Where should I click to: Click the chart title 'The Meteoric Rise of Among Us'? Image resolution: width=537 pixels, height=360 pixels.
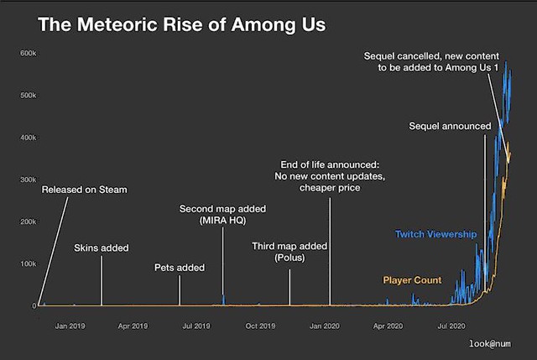[181, 25]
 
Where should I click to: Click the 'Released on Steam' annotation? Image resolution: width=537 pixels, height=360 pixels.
[85, 190]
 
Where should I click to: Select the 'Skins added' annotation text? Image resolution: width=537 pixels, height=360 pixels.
[102, 248]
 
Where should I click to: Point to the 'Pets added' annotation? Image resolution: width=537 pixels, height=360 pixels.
[180, 268]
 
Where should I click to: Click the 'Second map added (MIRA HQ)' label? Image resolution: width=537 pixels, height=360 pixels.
[222, 214]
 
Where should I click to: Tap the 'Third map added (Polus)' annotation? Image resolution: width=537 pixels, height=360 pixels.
[289, 252]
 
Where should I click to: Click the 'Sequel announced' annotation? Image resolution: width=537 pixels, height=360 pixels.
[450, 126]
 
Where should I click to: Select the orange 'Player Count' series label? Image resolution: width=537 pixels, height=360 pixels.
[412, 279]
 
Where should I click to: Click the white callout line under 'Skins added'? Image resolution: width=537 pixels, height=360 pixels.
[102, 281]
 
